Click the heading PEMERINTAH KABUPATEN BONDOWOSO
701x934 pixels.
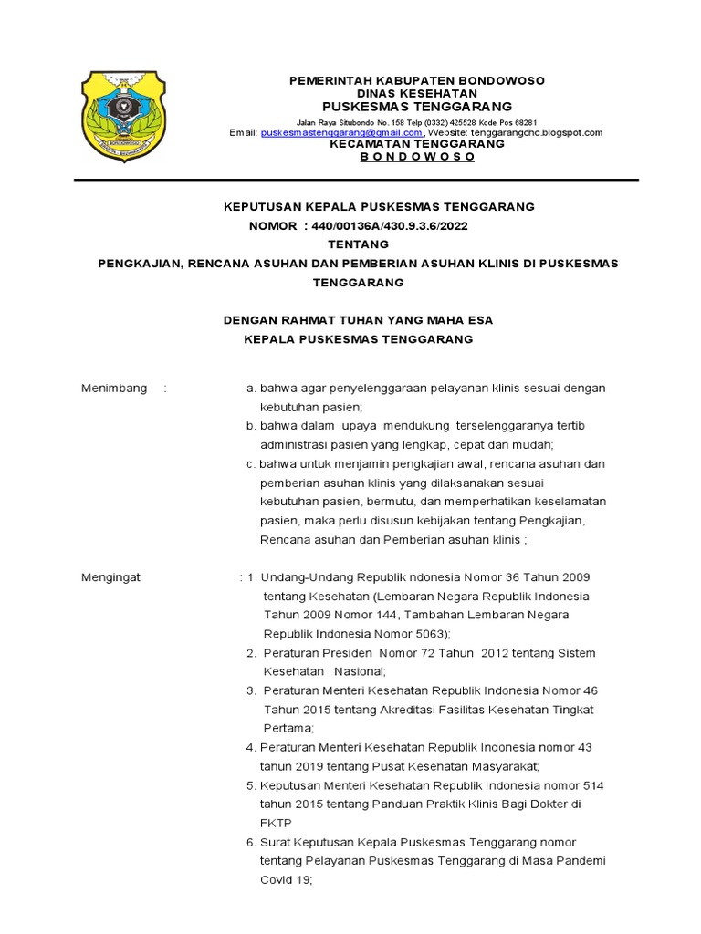coord(416,80)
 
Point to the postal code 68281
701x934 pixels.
coord(521,121)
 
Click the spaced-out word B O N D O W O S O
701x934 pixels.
coord(417,157)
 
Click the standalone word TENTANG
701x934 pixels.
coord(358,244)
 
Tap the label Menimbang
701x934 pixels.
coord(114,388)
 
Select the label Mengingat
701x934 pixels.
coord(111,577)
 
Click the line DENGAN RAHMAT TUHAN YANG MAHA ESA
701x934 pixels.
coord(359,320)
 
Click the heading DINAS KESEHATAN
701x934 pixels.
coord(416,93)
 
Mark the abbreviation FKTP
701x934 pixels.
coord(276,822)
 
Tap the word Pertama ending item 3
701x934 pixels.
coord(288,728)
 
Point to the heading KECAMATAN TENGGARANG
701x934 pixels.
coord(416,143)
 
